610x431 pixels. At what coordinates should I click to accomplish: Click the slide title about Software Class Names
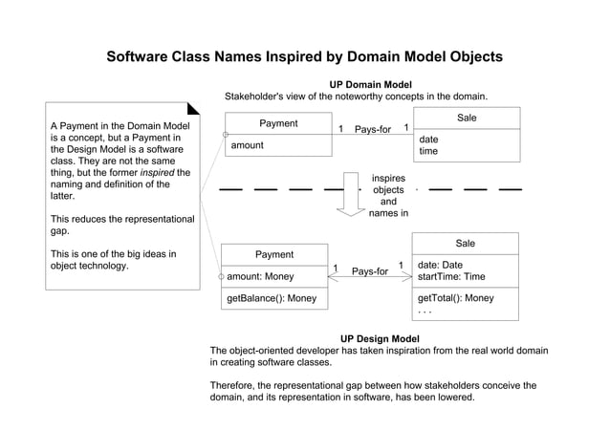[x=304, y=56]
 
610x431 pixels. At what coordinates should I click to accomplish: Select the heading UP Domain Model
[x=370, y=85]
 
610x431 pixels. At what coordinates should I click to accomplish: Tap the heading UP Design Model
[x=379, y=338]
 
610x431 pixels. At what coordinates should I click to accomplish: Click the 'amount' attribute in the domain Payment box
[x=247, y=145]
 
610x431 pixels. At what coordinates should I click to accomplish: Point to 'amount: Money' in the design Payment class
[x=260, y=276]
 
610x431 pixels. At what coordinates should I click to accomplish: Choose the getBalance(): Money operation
[x=271, y=299]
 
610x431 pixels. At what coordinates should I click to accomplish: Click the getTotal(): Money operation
[x=456, y=298]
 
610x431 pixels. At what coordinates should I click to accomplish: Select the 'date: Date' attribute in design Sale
[x=440, y=265]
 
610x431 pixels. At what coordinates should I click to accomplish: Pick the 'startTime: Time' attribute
[x=452, y=276]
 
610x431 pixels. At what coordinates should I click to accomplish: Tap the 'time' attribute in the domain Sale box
[x=428, y=151]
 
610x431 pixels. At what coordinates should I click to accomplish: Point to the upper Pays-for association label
[x=373, y=130]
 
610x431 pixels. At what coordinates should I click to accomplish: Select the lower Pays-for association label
[x=370, y=271]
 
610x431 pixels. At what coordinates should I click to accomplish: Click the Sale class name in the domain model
[x=467, y=118]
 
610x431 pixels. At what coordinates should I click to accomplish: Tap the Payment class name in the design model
[x=274, y=254]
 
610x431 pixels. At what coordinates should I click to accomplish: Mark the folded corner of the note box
[x=194, y=110]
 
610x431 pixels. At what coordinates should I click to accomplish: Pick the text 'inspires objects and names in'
[x=388, y=196]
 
